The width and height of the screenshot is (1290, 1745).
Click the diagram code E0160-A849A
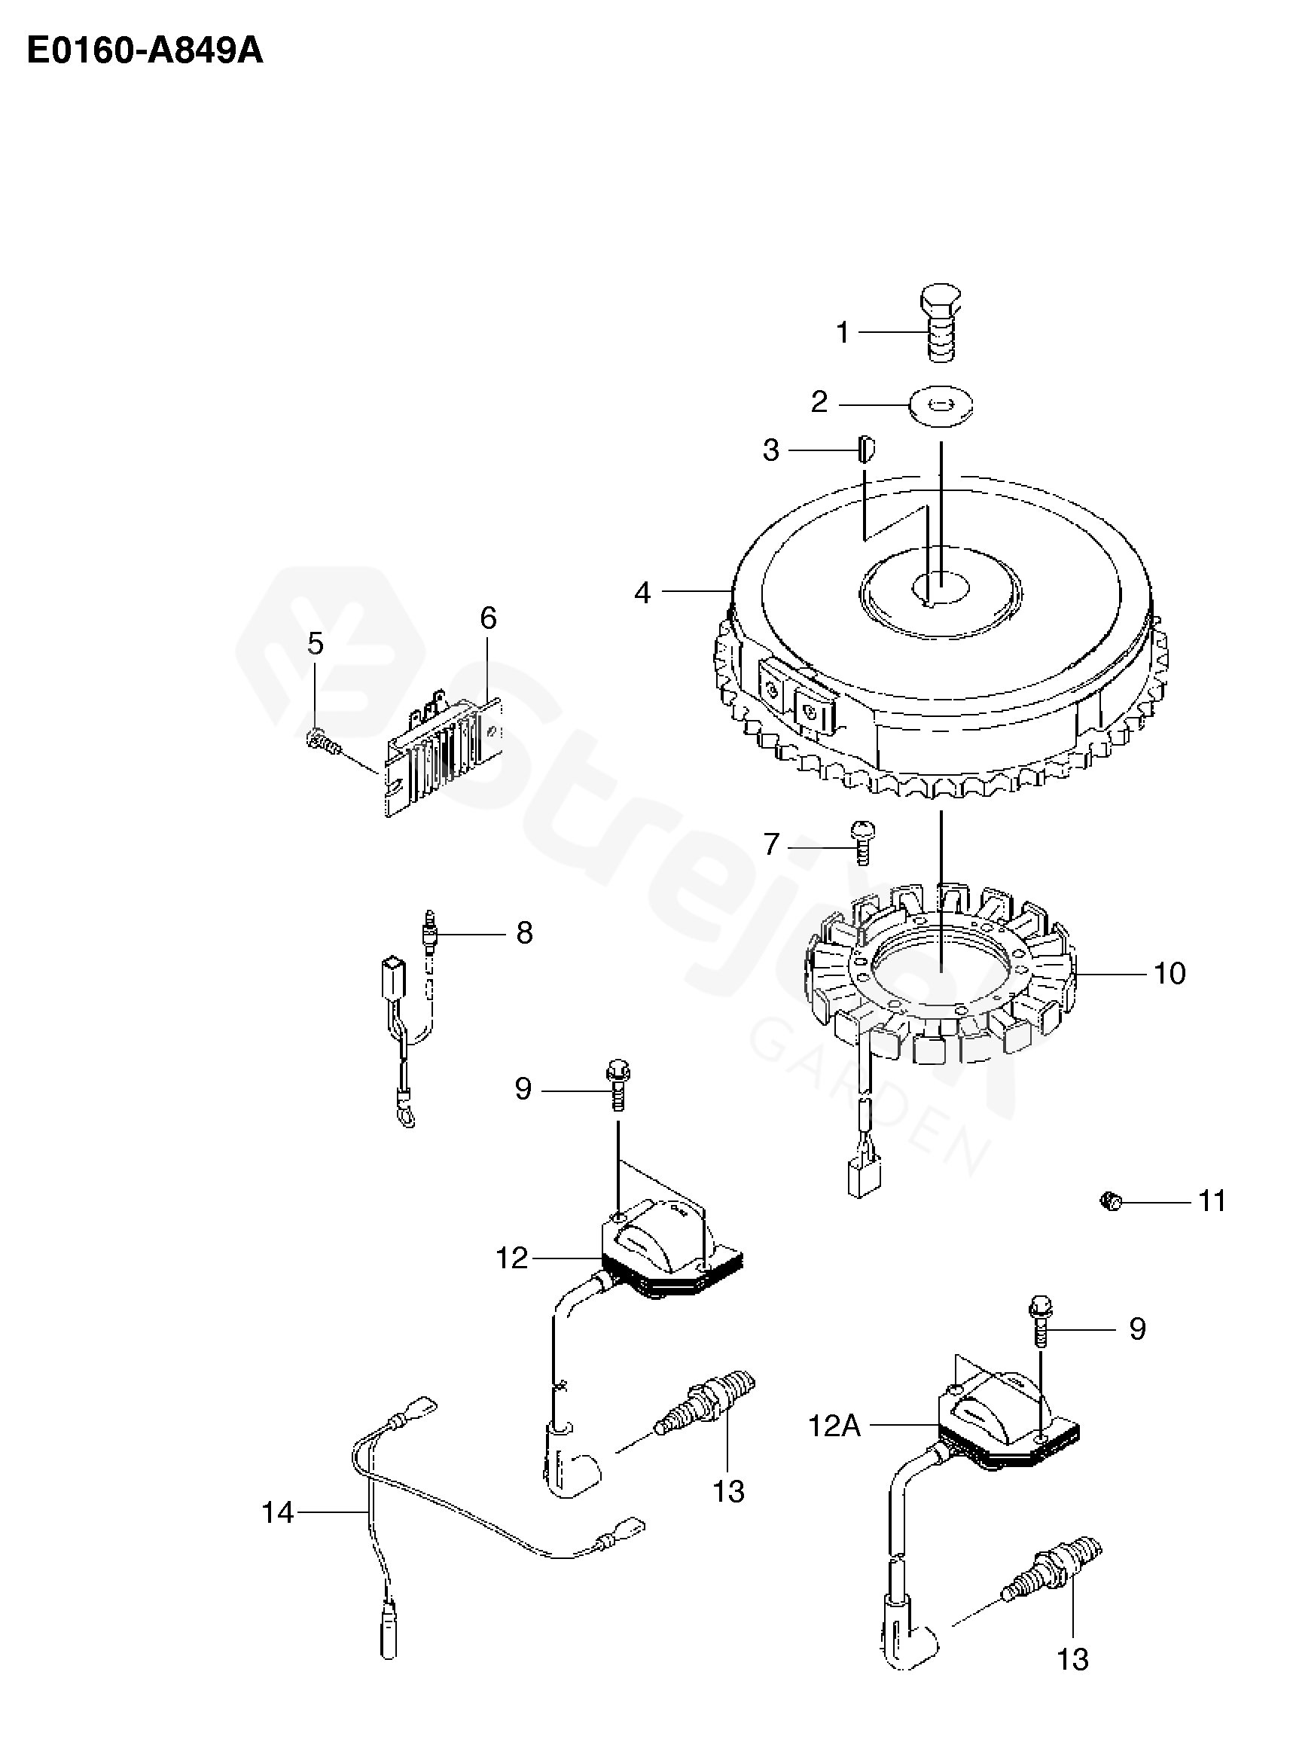(145, 51)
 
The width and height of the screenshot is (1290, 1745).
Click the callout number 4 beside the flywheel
(642, 593)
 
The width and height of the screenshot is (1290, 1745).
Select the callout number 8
(524, 933)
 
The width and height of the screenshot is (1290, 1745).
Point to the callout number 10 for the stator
(1169, 973)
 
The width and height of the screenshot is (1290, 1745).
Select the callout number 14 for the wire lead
(277, 1512)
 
